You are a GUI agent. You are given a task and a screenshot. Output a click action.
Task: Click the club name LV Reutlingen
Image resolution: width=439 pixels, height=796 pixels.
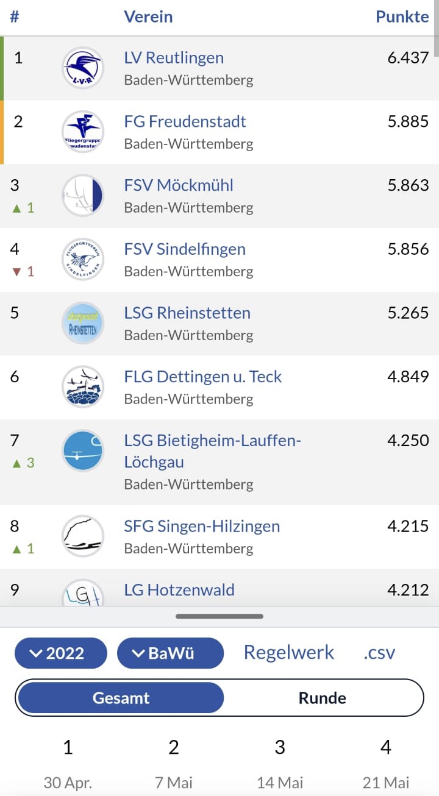(174, 58)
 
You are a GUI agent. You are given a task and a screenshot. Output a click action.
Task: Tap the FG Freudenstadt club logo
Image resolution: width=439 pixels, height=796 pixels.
(83, 131)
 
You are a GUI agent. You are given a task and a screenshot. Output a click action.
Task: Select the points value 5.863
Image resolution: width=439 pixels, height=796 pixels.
(408, 185)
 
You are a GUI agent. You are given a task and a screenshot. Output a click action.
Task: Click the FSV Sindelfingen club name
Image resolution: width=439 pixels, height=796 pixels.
(185, 249)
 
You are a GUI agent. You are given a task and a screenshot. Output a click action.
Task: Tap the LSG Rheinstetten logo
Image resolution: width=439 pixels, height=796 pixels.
(83, 323)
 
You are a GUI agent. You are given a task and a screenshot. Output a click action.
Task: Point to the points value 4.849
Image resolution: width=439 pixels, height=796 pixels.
(408, 377)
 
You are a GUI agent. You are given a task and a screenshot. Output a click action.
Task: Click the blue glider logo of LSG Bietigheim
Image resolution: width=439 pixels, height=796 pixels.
(83, 451)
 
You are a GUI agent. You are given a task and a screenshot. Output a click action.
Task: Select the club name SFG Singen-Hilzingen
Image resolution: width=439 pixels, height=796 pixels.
(202, 527)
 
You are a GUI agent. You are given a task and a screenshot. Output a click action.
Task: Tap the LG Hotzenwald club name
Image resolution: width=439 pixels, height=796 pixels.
(179, 590)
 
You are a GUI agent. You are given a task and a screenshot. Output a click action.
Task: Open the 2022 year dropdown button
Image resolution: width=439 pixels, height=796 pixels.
(61, 653)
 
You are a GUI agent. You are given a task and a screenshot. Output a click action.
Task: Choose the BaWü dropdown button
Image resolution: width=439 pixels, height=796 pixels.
(170, 653)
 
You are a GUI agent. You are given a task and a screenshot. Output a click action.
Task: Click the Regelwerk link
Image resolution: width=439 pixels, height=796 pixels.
(289, 653)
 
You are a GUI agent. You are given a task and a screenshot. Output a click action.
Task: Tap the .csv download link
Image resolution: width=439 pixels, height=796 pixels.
(379, 653)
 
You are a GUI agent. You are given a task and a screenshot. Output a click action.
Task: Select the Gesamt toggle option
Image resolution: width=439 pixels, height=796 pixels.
(121, 698)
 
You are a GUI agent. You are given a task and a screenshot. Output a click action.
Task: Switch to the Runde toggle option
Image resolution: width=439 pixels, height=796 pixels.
(322, 698)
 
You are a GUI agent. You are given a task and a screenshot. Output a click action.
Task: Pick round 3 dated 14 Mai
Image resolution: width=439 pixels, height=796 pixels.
(280, 762)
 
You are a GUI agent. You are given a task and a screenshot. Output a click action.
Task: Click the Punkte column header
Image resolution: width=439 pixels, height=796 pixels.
(402, 16)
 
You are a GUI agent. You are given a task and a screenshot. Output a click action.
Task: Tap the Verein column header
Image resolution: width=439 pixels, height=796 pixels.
(148, 16)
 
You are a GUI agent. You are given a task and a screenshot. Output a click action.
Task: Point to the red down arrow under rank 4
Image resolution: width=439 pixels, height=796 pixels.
(16, 272)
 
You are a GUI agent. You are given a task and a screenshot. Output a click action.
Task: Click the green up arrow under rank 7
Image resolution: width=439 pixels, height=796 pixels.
(16, 463)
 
